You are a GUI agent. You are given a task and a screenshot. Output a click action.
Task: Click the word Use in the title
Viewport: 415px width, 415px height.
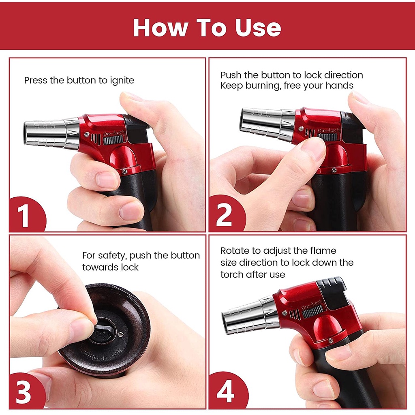258,28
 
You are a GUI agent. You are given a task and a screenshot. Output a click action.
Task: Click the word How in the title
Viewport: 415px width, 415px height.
160,28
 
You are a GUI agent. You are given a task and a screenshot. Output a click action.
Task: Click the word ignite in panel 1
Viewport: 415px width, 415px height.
122,81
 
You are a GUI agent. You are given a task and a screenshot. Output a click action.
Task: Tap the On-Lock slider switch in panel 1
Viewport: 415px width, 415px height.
114,140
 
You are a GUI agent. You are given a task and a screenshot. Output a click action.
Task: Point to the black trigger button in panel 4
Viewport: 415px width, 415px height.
332,293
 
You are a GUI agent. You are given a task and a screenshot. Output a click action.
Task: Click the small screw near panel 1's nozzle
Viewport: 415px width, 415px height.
87,135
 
